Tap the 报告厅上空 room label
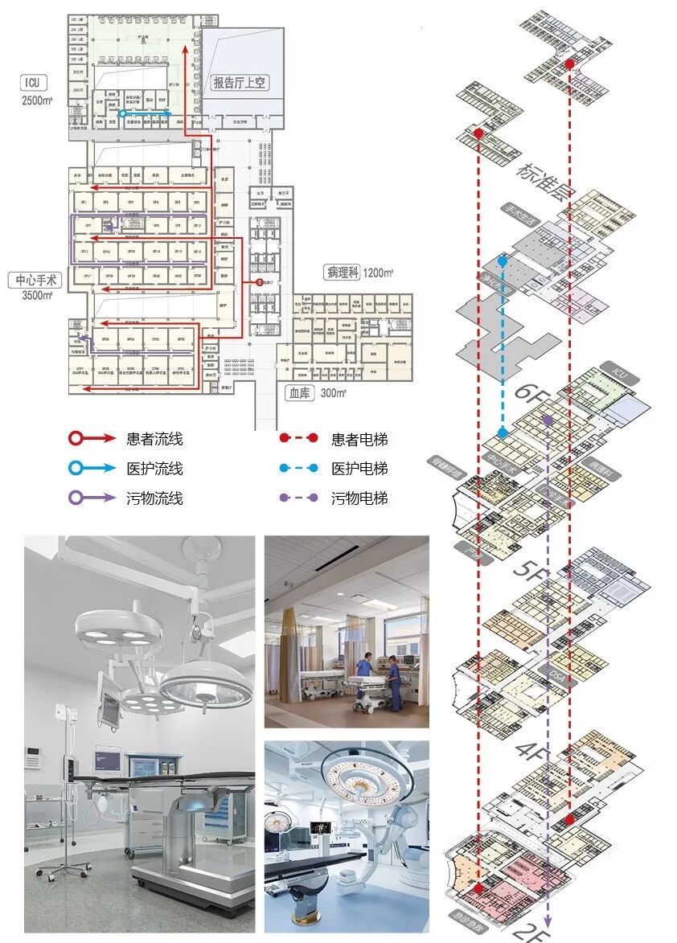[x=243, y=82]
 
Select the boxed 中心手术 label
[x=36, y=281]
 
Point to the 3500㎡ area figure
[x=38, y=296]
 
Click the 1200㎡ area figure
[x=378, y=273]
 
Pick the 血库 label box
[x=301, y=393]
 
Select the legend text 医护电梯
[x=359, y=469]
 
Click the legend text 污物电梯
[x=359, y=498]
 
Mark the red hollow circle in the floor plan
[x=259, y=283]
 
